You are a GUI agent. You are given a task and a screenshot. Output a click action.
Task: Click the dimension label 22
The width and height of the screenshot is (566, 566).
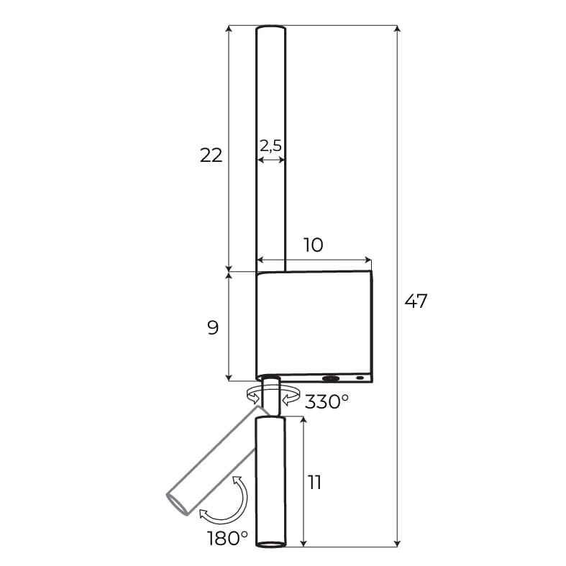(211, 155)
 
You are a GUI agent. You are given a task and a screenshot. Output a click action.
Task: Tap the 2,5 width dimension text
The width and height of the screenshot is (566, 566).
(270, 146)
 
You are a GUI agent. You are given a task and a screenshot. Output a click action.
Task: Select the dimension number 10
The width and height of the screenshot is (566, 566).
(314, 245)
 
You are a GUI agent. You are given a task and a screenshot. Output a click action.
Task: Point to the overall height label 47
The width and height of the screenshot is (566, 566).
(416, 301)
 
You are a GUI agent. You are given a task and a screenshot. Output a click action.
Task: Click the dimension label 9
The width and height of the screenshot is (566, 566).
(213, 328)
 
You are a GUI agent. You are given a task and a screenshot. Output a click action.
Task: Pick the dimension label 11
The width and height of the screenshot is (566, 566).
(314, 483)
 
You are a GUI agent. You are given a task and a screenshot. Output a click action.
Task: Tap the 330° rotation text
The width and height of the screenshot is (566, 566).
(327, 402)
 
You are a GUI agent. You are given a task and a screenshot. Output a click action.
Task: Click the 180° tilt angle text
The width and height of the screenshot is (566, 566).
(227, 538)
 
